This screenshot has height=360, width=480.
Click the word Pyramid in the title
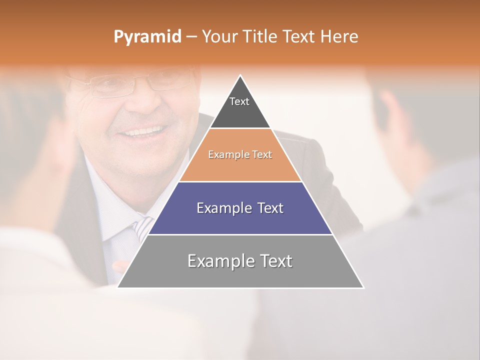coord(147,37)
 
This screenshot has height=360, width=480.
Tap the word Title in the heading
coord(263,37)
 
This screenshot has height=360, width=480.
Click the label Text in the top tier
coord(239,101)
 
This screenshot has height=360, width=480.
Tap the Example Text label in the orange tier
coord(240,154)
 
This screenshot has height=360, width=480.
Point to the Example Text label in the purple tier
coord(240,208)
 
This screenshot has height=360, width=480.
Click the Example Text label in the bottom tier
coord(240,261)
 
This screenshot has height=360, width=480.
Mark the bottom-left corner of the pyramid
coord(118,287)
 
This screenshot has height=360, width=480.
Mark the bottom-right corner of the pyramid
coord(363,287)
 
